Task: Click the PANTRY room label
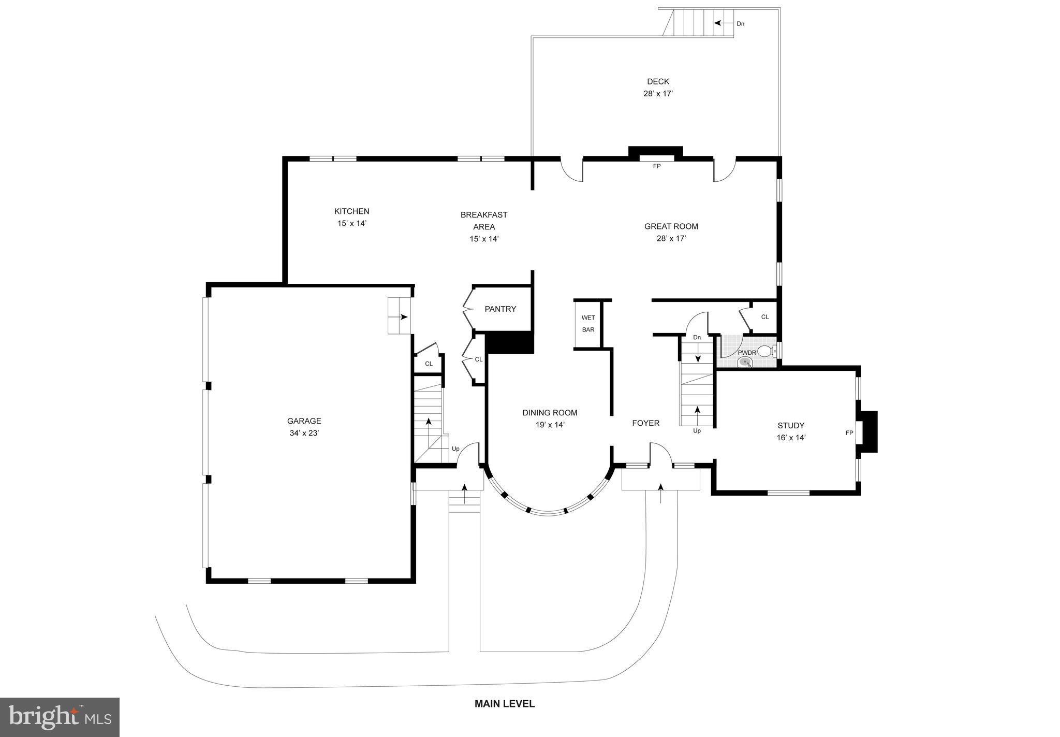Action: (x=500, y=309)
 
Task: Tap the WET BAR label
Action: (x=588, y=324)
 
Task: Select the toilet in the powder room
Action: (x=766, y=352)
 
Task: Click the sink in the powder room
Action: (x=745, y=362)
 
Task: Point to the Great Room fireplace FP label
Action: (x=656, y=166)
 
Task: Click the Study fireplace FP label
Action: (x=849, y=433)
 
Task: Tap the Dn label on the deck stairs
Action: (x=741, y=24)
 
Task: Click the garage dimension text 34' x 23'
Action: (x=304, y=433)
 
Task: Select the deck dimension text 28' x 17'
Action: (x=658, y=94)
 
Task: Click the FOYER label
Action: (x=645, y=423)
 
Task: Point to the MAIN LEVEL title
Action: (x=505, y=704)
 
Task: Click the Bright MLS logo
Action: (x=60, y=717)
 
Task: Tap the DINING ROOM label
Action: (x=550, y=413)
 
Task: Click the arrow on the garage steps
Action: (x=402, y=317)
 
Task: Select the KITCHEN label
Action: (x=351, y=211)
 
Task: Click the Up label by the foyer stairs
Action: (x=697, y=431)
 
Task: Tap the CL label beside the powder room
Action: (x=764, y=317)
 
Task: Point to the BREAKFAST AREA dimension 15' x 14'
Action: (x=483, y=239)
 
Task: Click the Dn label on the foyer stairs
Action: (x=697, y=338)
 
